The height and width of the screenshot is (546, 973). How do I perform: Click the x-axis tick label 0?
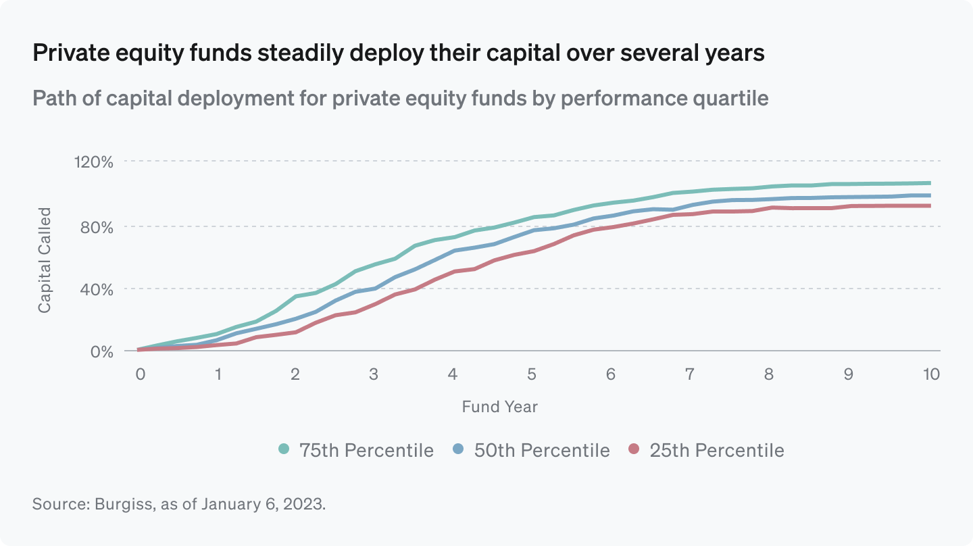point(140,374)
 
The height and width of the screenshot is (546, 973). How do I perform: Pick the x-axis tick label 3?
point(374,374)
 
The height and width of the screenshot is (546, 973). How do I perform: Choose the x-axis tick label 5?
point(532,374)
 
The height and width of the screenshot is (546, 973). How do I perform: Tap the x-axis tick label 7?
point(690,374)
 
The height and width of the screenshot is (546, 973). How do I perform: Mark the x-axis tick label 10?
point(932,374)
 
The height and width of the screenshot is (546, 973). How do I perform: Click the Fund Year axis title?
point(499,407)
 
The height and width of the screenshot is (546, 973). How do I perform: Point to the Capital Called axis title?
point(45,260)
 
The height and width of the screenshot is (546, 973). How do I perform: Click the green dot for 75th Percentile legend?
point(284,450)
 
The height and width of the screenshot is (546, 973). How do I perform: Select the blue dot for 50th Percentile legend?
point(458,450)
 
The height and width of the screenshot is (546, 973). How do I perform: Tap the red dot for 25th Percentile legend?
point(633,450)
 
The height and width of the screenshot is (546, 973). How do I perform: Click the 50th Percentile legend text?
point(542,451)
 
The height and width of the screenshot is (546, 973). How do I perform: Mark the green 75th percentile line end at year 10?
point(930,183)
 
